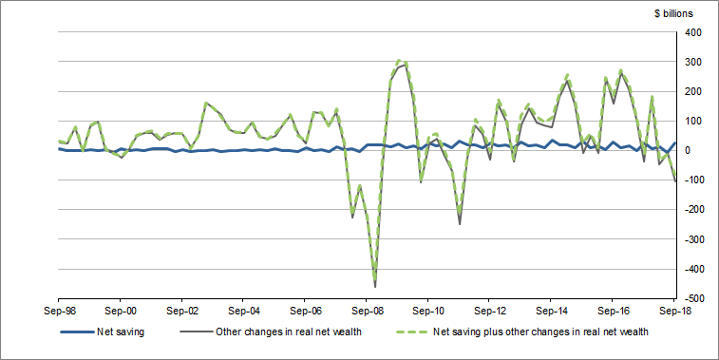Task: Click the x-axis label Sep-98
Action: (59, 311)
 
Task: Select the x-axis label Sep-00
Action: (121, 311)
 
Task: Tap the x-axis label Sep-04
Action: (243, 311)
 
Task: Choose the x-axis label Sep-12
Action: (489, 311)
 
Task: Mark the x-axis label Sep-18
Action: (673, 311)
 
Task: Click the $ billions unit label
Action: (673, 13)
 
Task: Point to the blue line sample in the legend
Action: (77, 332)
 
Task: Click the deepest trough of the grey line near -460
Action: (375, 286)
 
